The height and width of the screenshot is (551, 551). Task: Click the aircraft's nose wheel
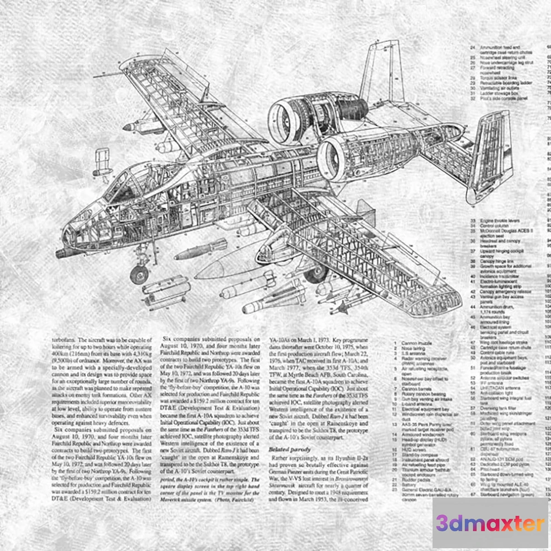point(139,274)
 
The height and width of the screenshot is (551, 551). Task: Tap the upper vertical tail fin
point(380,72)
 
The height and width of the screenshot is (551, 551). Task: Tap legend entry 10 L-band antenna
point(416,404)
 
